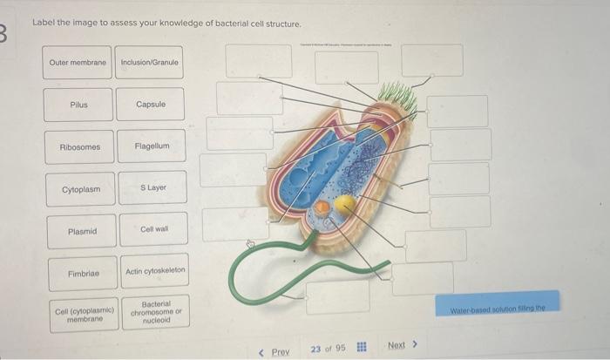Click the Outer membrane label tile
click(x=78, y=63)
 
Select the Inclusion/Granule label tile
click(x=149, y=63)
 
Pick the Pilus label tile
click(x=79, y=105)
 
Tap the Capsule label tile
click(x=151, y=105)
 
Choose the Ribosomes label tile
click(x=80, y=147)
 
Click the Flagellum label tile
click(x=152, y=146)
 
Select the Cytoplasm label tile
click(x=81, y=189)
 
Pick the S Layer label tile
click(x=153, y=188)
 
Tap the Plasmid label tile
click(x=82, y=232)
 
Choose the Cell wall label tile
click(x=154, y=230)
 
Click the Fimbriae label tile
click(x=83, y=274)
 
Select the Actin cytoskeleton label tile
click(x=156, y=271)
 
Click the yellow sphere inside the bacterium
click(x=345, y=204)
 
